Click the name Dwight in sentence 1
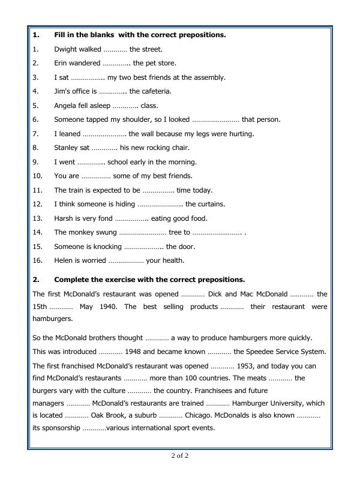(x=65, y=49)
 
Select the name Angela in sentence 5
(x=65, y=106)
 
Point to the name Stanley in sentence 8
(x=67, y=148)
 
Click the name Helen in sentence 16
(x=64, y=260)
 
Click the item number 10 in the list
(x=37, y=176)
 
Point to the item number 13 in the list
(x=37, y=218)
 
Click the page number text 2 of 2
(x=179, y=455)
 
